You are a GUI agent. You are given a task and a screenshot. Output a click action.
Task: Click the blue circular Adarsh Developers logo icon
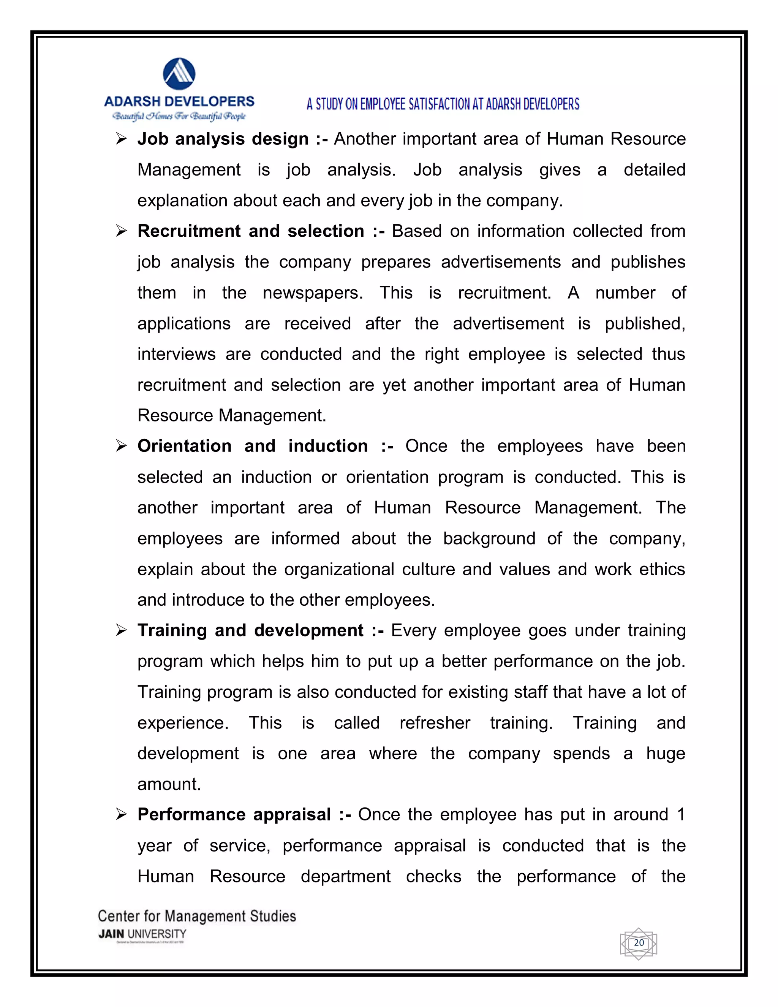(x=179, y=74)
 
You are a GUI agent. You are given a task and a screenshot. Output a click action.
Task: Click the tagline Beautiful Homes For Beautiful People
(x=179, y=116)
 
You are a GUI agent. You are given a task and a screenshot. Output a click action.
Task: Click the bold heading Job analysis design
(x=223, y=139)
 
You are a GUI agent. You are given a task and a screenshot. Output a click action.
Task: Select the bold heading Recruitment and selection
(x=251, y=231)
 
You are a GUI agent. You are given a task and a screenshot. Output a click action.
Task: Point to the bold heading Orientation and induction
(x=253, y=446)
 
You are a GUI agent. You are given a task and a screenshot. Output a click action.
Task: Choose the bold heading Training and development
(x=250, y=630)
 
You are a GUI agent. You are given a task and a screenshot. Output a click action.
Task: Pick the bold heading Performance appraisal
(x=234, y=815)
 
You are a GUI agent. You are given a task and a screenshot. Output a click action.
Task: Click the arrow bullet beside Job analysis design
(x=121, y=139)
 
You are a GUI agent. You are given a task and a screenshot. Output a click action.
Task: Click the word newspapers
(x=313, y=293)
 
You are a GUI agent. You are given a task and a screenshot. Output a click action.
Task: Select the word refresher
(x=435, y=722)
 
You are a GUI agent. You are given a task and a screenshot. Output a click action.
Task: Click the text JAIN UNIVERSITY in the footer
(x=142, y=934)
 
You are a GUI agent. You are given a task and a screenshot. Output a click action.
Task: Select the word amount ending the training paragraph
(x=169, y=784)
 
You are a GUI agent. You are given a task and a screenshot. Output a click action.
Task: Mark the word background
(x=489, y=538)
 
